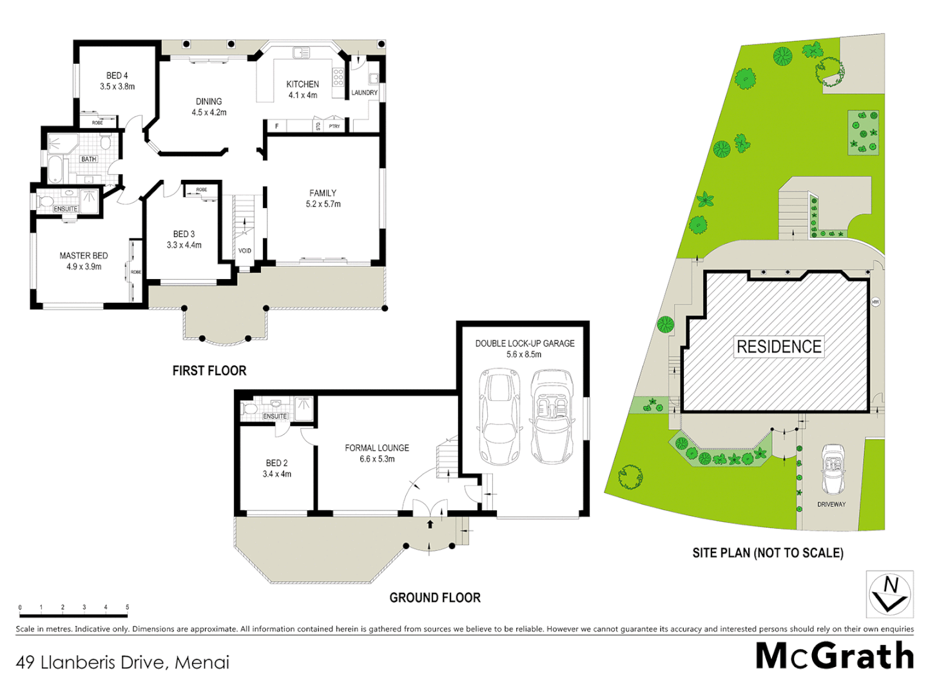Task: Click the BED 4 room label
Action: tap(117, 76)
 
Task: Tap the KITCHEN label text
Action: tap(302, 84)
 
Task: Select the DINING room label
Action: tap(209, 102)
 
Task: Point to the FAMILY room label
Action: tap(323, 193)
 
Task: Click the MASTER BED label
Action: tap(84, 256)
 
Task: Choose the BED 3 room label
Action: tap(184, 235)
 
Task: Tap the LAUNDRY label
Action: tap(364, 93)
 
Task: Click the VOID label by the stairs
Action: tap(245, 251)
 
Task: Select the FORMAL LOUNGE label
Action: tap(377, 448)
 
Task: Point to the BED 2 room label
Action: tap(276, 463)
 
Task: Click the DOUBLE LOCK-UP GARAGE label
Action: tap(525, 343)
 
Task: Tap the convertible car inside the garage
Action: tap(552, 416)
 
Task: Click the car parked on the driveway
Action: tap(833, 469)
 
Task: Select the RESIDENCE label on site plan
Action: tap(778, 347)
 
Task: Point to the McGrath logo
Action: tap(834, 656)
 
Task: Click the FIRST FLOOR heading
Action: tap(209, 371)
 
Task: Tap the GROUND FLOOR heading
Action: tap(435, 598)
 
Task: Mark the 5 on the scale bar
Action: tap(127, 607)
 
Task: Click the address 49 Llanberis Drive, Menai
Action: tap(122, 662)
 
